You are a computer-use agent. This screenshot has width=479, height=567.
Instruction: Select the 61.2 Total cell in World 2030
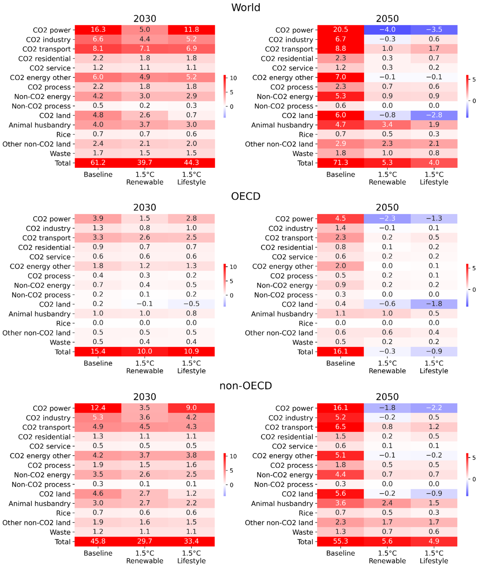98,163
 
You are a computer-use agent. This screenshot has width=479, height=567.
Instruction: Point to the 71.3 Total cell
340,163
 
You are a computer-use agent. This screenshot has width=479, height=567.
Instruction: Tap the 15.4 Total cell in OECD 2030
98,351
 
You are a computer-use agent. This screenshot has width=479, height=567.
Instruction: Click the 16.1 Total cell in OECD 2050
340,351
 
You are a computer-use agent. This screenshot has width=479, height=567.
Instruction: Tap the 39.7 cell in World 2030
145,163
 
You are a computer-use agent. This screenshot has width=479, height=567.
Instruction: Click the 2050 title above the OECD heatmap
387,207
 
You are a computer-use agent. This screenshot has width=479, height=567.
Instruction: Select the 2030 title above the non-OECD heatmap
145,397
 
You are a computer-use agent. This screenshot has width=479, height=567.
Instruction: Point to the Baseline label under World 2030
98,174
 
